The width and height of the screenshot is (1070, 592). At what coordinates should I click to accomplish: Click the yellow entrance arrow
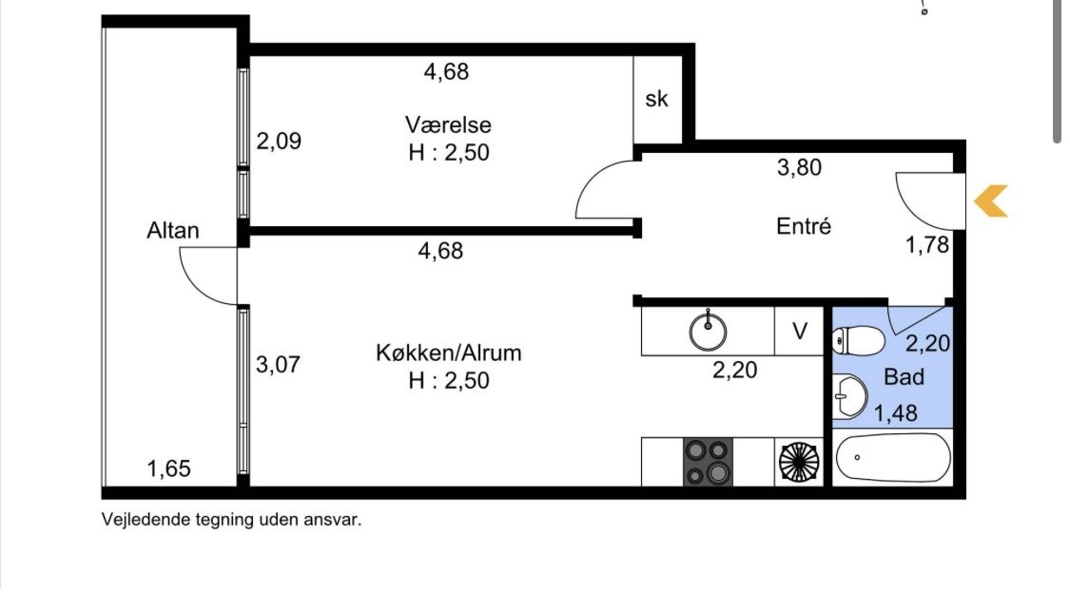990,201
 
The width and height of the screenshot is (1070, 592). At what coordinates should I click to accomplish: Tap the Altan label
173,231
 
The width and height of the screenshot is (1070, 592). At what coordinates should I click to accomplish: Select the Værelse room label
448,124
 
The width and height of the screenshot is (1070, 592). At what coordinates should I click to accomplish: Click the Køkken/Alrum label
448,353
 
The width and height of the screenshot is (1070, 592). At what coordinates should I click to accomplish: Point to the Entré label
803,226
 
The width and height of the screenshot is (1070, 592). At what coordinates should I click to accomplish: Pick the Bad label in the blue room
904,377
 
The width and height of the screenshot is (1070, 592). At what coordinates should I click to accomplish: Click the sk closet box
658,100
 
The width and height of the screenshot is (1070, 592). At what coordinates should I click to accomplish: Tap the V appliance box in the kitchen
799,332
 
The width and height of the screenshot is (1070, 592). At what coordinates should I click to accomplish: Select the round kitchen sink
708,331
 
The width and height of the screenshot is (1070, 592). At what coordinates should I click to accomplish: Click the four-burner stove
708,462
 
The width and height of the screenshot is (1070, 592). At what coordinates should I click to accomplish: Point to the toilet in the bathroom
858,340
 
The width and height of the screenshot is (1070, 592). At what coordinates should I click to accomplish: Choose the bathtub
892,458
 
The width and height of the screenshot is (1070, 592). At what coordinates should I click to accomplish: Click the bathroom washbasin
849,396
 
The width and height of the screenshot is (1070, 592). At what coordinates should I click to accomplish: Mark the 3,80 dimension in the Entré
799,167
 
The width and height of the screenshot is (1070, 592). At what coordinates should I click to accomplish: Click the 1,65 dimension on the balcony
168,468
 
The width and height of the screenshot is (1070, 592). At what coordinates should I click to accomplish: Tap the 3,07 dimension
278,364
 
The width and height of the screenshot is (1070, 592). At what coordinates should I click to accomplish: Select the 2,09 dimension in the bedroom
279,142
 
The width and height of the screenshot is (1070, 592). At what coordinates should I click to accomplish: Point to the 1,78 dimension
926,245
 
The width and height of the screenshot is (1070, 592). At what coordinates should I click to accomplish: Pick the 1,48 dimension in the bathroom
895,413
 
